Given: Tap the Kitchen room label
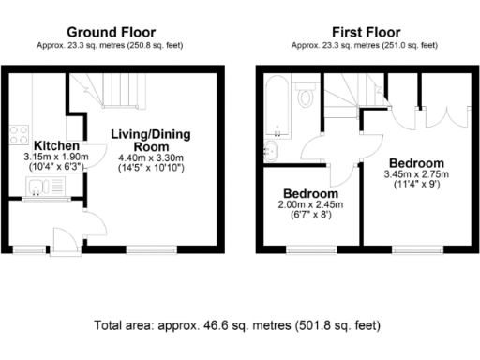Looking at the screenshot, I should pyautogui.click(x=55, y=146).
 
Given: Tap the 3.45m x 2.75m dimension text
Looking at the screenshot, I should pyautogui.click(x=417, y=174).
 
